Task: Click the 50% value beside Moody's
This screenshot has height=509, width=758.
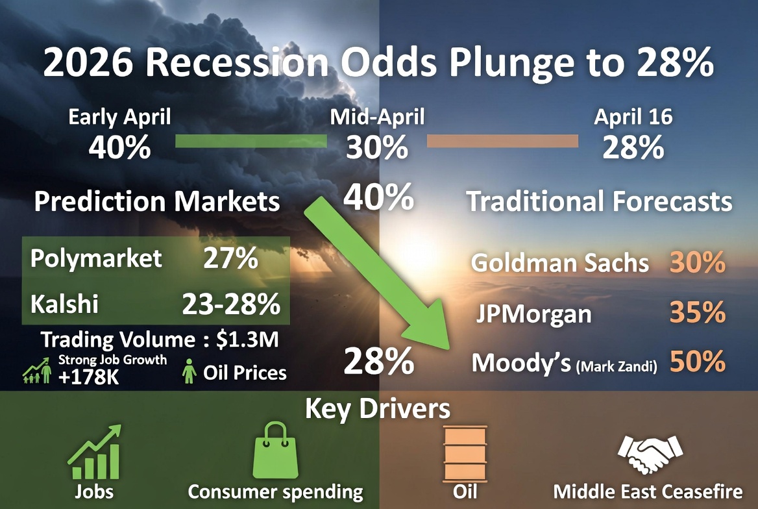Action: tap(697, 363)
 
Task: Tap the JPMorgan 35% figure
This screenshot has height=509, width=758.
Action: tap(697, 313)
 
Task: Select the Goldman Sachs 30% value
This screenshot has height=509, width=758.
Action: tap(697, 262)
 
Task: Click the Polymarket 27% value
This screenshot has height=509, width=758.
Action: tap(231, 259)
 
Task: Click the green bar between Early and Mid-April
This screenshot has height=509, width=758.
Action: tap(251, 142)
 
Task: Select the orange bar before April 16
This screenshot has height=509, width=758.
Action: tap(502, 142)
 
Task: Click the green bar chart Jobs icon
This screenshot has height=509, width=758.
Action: tap(95, 452)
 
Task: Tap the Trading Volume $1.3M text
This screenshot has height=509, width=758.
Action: tap(164, 340)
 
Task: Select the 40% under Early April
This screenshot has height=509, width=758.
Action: tap(120, 149)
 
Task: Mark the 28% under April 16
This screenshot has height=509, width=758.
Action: tap(633, 149)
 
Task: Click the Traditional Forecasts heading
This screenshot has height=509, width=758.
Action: tap(599, 202)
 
